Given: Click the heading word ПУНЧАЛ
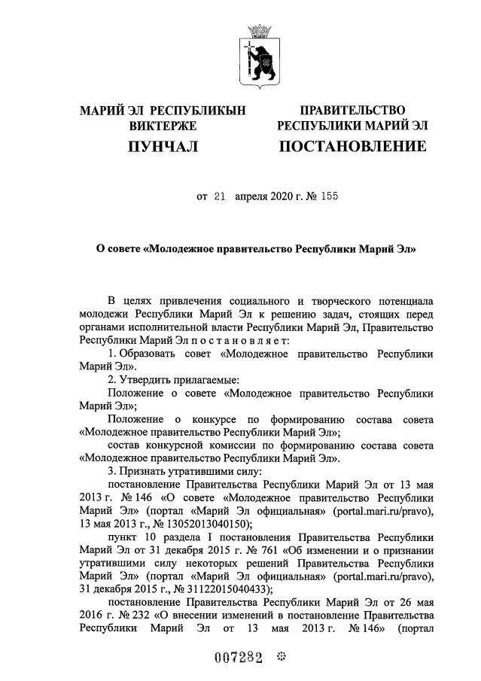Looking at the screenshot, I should coord(163,146).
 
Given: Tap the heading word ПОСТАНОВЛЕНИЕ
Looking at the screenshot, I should coord(352,146).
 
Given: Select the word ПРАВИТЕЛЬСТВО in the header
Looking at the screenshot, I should coord(352,111).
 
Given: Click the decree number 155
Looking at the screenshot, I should coord(328,197).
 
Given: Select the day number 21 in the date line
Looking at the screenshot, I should coord(221,197).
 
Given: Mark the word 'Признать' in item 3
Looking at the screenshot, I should coord(149,470).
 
